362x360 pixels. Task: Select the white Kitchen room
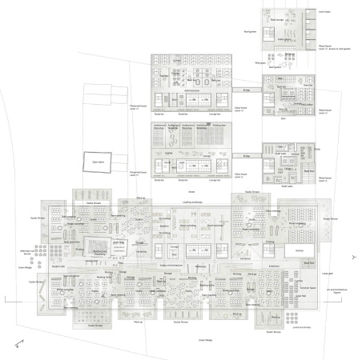289,251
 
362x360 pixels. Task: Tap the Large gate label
327,274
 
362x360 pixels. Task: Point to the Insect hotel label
324,12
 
